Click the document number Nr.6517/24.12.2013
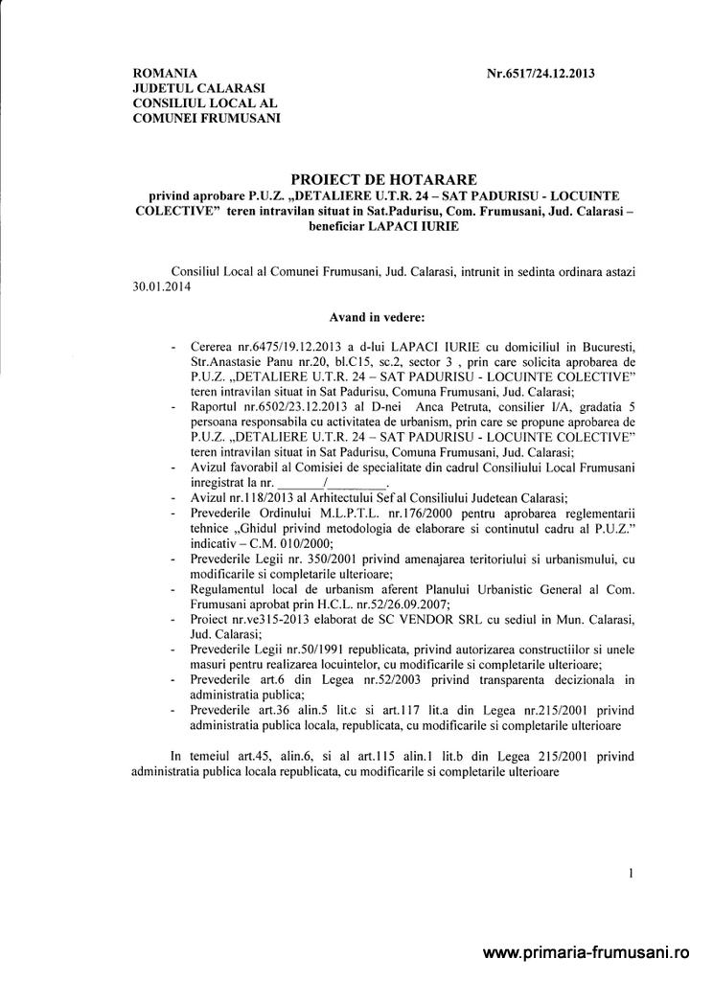(x=541, y=74)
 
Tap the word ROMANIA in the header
(x=165, y=74)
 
